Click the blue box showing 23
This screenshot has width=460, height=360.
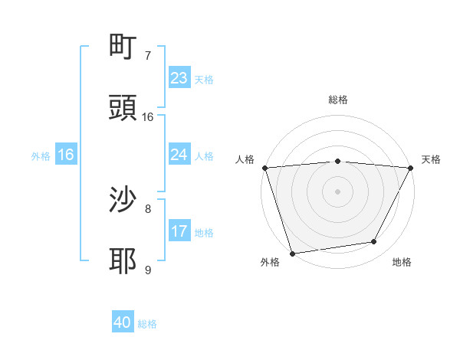point(179,78)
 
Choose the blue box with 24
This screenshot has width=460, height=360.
point(179,155)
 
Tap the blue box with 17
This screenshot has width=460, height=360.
point(179,231)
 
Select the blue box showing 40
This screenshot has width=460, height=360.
point(123,322)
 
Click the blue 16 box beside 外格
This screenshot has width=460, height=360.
point(66,155)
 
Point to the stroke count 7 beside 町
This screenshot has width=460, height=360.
point(148,56)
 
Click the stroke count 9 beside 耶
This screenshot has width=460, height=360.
point(148,270)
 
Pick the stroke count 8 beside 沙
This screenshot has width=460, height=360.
point(148,208)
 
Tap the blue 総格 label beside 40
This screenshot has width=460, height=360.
point(147,324)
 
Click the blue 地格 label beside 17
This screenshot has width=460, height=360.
point(204,233)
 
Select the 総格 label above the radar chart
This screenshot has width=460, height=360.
point(338,100)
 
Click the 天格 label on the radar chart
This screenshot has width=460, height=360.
point(431,159)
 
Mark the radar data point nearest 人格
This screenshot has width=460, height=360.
point(264,168)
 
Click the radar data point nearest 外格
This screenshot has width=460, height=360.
point(292,253)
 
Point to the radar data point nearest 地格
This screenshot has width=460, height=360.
point(374,242)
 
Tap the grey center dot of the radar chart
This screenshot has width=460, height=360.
point(338,191)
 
